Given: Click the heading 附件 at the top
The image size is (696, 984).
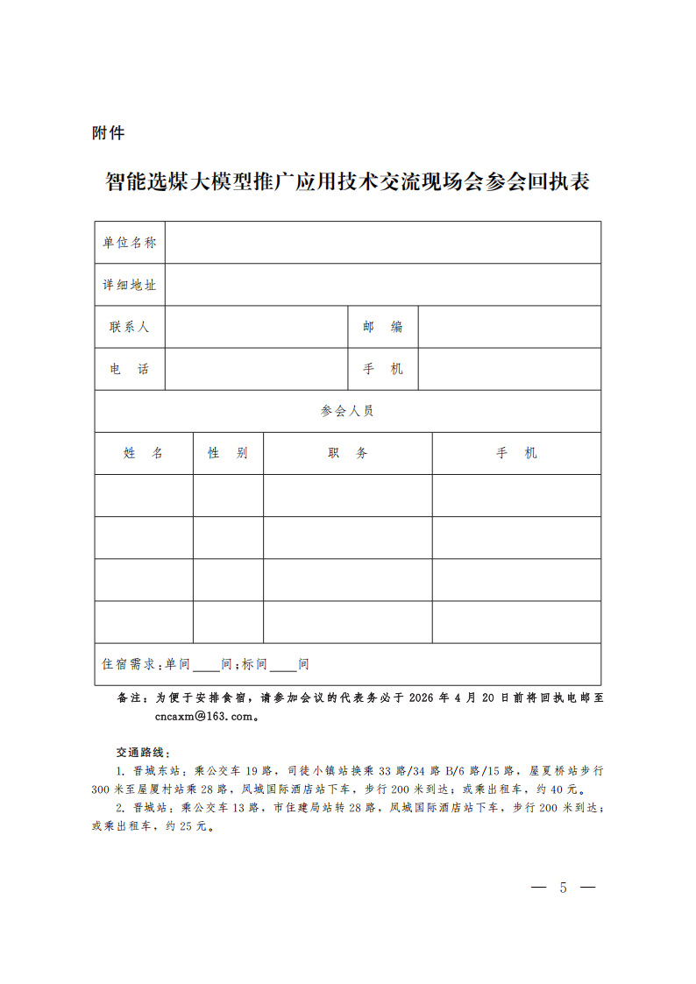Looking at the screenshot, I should [108, 133].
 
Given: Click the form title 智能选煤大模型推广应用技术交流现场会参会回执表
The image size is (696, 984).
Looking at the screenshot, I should [347, 182].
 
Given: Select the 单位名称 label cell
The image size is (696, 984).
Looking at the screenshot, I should [130, 243].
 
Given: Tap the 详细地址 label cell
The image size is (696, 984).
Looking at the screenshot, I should [130, 285].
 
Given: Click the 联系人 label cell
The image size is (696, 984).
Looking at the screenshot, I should [130, 327].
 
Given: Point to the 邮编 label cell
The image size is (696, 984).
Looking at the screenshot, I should [383, 327].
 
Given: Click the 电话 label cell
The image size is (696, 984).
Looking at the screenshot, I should [130, 369].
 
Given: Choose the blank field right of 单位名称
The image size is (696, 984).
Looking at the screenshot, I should [383, 243].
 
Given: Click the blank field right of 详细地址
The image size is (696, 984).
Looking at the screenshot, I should [383, 285].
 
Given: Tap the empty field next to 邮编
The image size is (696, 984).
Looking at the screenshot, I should [509, 327].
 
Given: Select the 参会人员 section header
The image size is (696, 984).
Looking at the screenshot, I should [347, 411].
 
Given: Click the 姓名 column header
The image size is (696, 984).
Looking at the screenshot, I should [144, 453].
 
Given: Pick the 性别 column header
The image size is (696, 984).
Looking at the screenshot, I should [228, 453].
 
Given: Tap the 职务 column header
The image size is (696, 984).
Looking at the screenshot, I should [347, 453].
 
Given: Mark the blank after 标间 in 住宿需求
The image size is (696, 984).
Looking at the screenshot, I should [283, 665].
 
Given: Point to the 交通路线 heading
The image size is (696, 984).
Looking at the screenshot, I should [143, 753].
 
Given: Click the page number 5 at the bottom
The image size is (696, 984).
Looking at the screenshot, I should [563, 888].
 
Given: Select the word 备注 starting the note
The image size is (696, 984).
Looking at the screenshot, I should [132, 698].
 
